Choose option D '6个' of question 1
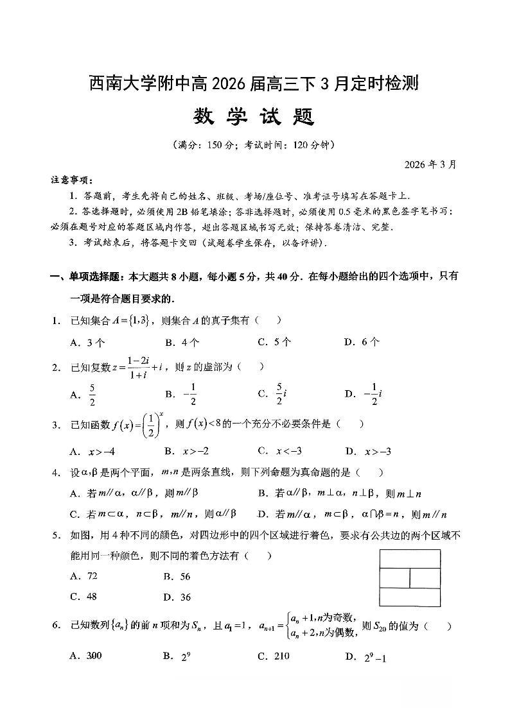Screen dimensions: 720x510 click(364, 342)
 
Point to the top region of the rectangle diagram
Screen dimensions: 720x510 click(410, 559)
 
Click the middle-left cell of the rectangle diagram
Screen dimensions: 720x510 click(395, 578)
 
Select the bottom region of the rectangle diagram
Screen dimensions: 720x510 click(410, 597)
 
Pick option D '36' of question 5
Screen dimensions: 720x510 click(179, 597)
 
